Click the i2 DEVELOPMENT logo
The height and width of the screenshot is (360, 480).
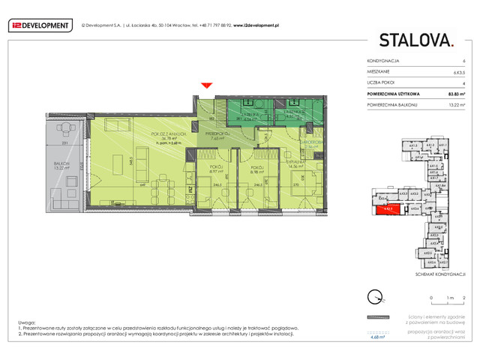click(40, 26)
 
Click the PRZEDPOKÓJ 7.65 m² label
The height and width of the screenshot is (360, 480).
click(217, 136)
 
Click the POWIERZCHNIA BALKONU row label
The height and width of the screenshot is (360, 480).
click(391, 105)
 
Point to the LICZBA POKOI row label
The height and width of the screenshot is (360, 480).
click(380, 82)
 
